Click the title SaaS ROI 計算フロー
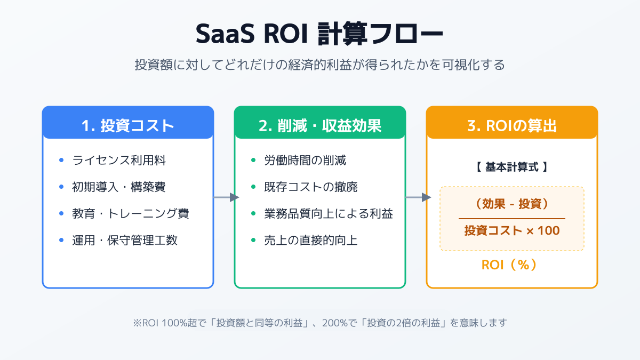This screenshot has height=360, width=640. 319,35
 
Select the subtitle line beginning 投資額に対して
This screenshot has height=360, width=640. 319,65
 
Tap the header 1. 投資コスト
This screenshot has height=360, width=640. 128,125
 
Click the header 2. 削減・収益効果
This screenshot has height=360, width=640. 320,125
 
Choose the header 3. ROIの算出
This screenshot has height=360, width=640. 512,125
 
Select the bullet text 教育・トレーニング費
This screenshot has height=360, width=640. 131,213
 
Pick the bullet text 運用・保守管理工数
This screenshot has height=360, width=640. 125,240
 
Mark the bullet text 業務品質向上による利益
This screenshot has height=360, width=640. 329,213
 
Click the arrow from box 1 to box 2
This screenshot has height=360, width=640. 226,197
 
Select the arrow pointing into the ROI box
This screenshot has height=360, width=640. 418,197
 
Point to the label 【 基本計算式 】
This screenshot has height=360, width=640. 511,166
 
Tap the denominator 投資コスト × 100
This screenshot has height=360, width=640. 511,231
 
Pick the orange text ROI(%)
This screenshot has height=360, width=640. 511,265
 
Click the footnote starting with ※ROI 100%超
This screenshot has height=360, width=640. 319,323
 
